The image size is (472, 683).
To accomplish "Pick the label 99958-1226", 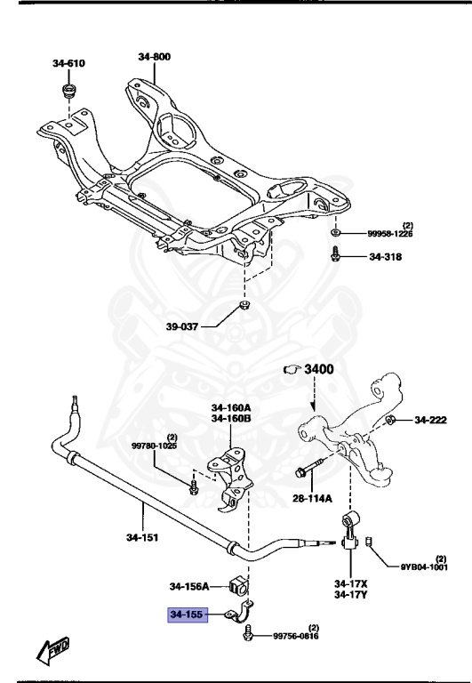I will pos(390,234).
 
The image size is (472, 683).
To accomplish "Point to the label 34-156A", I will pos(189,586).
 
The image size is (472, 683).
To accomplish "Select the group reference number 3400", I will pos(317,368).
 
